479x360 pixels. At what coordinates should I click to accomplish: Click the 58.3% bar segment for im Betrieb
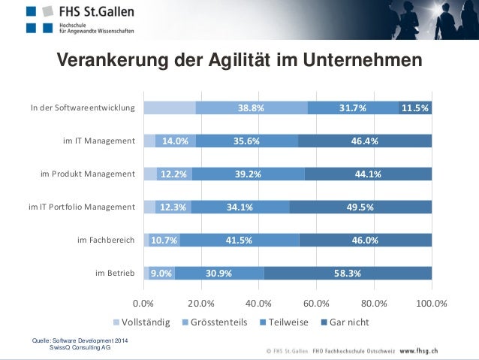tap(348, 273)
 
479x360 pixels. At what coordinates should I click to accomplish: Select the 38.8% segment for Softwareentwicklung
tap(252, 107)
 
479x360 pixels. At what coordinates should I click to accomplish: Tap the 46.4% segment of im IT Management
tap(365, 141)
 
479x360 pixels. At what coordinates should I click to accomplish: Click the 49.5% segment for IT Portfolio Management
tap(360, 207)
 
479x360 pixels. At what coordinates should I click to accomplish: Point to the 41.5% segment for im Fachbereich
tap(239, 240)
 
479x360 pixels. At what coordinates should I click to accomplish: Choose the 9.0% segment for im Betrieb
tap(162, 273)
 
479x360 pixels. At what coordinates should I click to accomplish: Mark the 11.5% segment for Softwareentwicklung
tap(415, 107)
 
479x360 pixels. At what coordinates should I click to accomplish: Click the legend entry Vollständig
tap(142, 322)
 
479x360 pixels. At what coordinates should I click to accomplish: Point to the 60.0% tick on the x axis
tap(316, 304)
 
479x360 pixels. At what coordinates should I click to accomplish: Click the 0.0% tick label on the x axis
tap(143, 304)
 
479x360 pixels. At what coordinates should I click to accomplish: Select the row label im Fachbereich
tap(106, 240)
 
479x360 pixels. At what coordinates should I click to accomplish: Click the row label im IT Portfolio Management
tap(81, 207)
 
